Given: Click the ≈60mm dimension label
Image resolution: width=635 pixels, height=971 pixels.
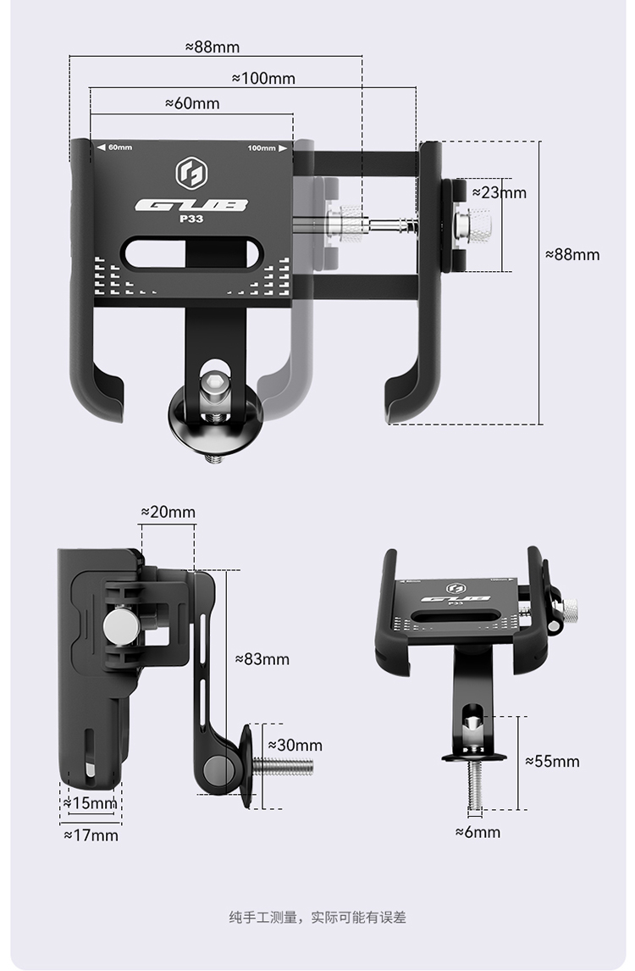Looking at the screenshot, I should pos(192,103).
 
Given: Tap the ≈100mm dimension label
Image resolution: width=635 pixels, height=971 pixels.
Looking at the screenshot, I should pos(263,78).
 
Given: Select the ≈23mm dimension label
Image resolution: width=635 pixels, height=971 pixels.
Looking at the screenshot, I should pos(499,192).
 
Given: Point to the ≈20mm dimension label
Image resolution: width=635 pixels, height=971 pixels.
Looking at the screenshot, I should pos(168,512).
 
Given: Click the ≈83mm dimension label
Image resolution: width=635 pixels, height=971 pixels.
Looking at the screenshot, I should pos(262,658).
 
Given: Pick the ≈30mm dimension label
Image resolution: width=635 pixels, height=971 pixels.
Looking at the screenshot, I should pos(295,745).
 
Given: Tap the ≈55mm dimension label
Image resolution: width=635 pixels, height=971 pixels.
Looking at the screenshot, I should pos(552,761).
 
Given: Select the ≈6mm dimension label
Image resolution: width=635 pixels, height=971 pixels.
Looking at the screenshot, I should pos(478,832).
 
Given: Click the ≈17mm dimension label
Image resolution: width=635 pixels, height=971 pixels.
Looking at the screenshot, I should pos(91,835).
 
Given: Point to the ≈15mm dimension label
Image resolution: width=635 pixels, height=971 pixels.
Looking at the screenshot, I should pos(90,802).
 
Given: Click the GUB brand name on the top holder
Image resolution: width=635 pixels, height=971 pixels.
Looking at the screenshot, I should pos(191,205).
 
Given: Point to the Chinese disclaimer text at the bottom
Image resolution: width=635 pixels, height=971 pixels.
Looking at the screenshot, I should pos(317,917).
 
